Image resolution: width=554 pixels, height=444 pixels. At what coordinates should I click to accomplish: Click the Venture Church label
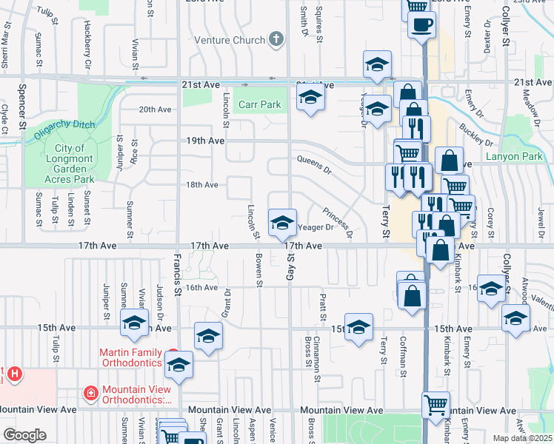click(x=230, y=40)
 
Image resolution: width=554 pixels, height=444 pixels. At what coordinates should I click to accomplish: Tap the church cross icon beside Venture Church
click(x=276, y=38)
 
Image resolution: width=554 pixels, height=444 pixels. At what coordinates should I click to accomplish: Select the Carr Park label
click(x=259, y=105)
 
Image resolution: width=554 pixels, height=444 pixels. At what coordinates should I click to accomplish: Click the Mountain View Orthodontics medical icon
click(x=90, y=391)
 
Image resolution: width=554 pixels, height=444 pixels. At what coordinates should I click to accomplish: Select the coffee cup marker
click(x=421, y=24)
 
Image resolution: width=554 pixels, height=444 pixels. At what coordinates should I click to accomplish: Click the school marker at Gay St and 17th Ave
click(x=281, y=221)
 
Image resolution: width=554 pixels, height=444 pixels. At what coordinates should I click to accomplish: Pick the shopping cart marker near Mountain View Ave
click(x=435, y=404)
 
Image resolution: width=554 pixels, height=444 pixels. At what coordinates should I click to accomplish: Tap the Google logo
click(x=24, y=435)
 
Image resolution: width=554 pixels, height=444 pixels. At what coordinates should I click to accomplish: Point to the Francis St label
click(x=178, y=271)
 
